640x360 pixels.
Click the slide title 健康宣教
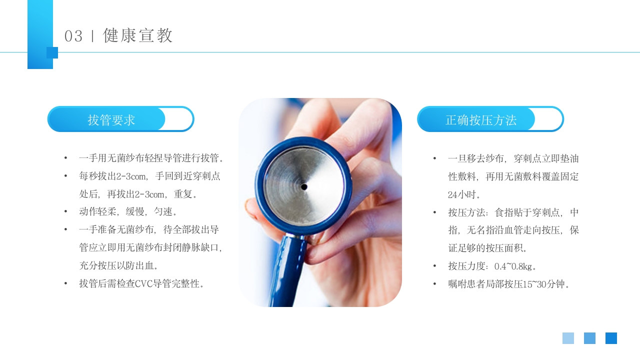coord(138,36)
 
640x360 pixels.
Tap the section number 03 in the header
coord(73,36)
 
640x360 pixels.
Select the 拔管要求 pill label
coord(111,120)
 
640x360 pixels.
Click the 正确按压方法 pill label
coord(481,120)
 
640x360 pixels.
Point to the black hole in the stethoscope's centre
coord(304,187)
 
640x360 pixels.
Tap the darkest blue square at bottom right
coord(611,338)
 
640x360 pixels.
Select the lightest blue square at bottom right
coord(568,338)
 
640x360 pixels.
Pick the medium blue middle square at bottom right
coord(589,338)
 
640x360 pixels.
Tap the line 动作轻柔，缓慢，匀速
coord(128,212)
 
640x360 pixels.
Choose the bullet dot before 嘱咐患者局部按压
coord(435,284)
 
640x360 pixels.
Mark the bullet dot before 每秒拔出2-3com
coord(65,176)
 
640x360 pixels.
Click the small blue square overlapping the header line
coord(52,52)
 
